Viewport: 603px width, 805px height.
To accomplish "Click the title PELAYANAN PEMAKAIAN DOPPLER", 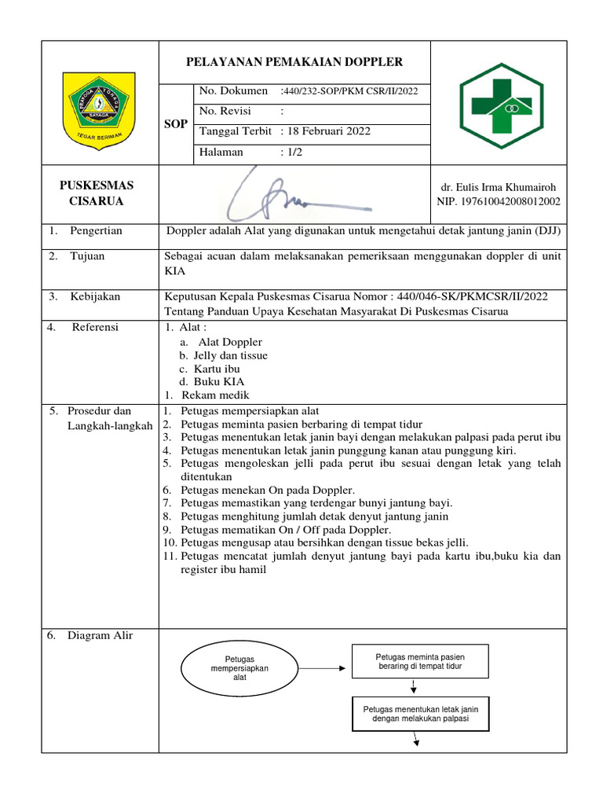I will point(294,62).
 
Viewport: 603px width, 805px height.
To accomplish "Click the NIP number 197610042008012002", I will point(499,202).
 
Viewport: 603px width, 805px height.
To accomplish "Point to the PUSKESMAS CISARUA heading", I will point(98,193).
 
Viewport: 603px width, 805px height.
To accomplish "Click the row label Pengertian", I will point(101,231).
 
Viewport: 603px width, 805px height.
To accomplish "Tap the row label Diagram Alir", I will point(100,636).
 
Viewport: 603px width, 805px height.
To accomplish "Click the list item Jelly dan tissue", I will point(230,355).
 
